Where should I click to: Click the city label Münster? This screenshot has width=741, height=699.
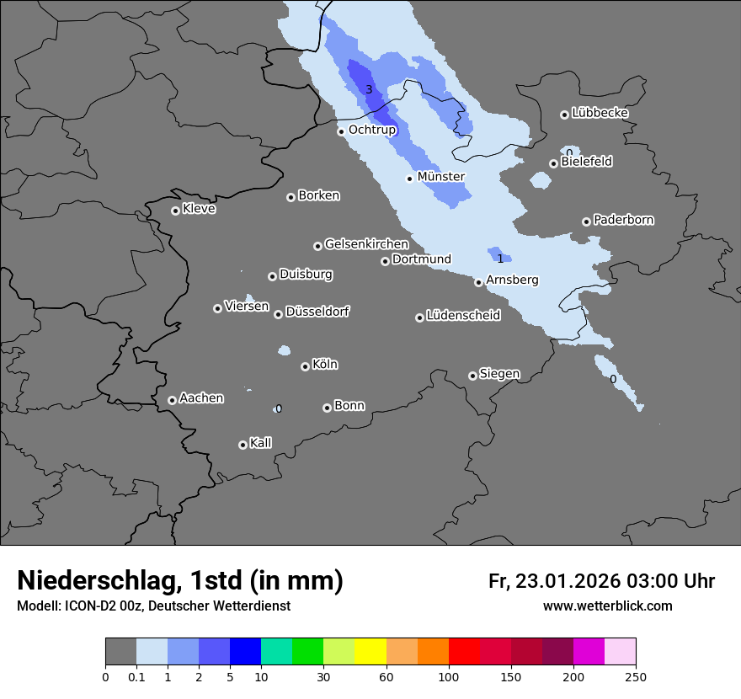(x=441, y=177)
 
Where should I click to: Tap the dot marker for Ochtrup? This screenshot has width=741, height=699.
(x=341, y=131)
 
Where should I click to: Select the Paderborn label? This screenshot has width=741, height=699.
(x=623, y=220)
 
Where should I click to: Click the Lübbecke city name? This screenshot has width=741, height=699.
(x=600, y=113)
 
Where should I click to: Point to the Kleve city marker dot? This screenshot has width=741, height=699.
(x=175, y=211)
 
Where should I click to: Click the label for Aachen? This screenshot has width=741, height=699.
(x=201, y=398)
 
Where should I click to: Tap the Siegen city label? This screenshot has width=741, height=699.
(x=499, y=374)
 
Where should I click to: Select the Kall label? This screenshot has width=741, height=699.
(x=260, y=443)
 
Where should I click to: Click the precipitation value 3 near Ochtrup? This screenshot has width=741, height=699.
(x=369, y=89)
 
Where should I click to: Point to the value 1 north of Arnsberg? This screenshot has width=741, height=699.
(x=500, y=259)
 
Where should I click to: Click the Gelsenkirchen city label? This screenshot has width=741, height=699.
(x=366, y=244)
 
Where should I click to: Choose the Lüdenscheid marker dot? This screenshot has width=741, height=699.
(x=419, y=317)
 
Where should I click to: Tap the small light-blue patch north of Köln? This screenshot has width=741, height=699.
(x=284, y=350)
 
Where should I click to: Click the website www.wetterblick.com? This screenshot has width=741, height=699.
(x=607, y=606)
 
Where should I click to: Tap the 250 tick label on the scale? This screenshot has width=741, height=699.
(x=635, y=676)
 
